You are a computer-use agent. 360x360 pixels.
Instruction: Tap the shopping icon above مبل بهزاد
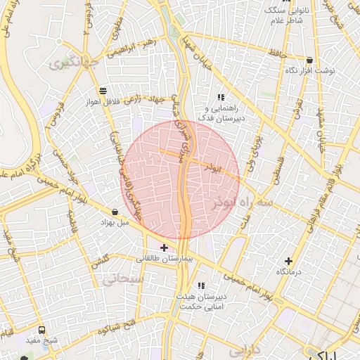click(x=115, y=212)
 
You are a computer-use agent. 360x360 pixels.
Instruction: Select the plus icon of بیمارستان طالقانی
click(x=164, y=247)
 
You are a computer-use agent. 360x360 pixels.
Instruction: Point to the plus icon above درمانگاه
click(x=288, y=261)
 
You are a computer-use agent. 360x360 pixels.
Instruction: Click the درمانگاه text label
click(x=288, y=271)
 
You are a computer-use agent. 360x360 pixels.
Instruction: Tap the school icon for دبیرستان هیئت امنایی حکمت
click(x=202, y=285)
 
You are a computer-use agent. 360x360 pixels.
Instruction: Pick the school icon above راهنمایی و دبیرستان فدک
click(x=221, y=97)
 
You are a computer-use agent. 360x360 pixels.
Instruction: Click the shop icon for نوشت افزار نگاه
click(x=309, y=60)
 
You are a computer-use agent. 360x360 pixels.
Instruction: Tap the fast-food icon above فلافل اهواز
click(x=103, y=90)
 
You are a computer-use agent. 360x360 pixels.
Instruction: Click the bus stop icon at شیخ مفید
click(x=42, y=330)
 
